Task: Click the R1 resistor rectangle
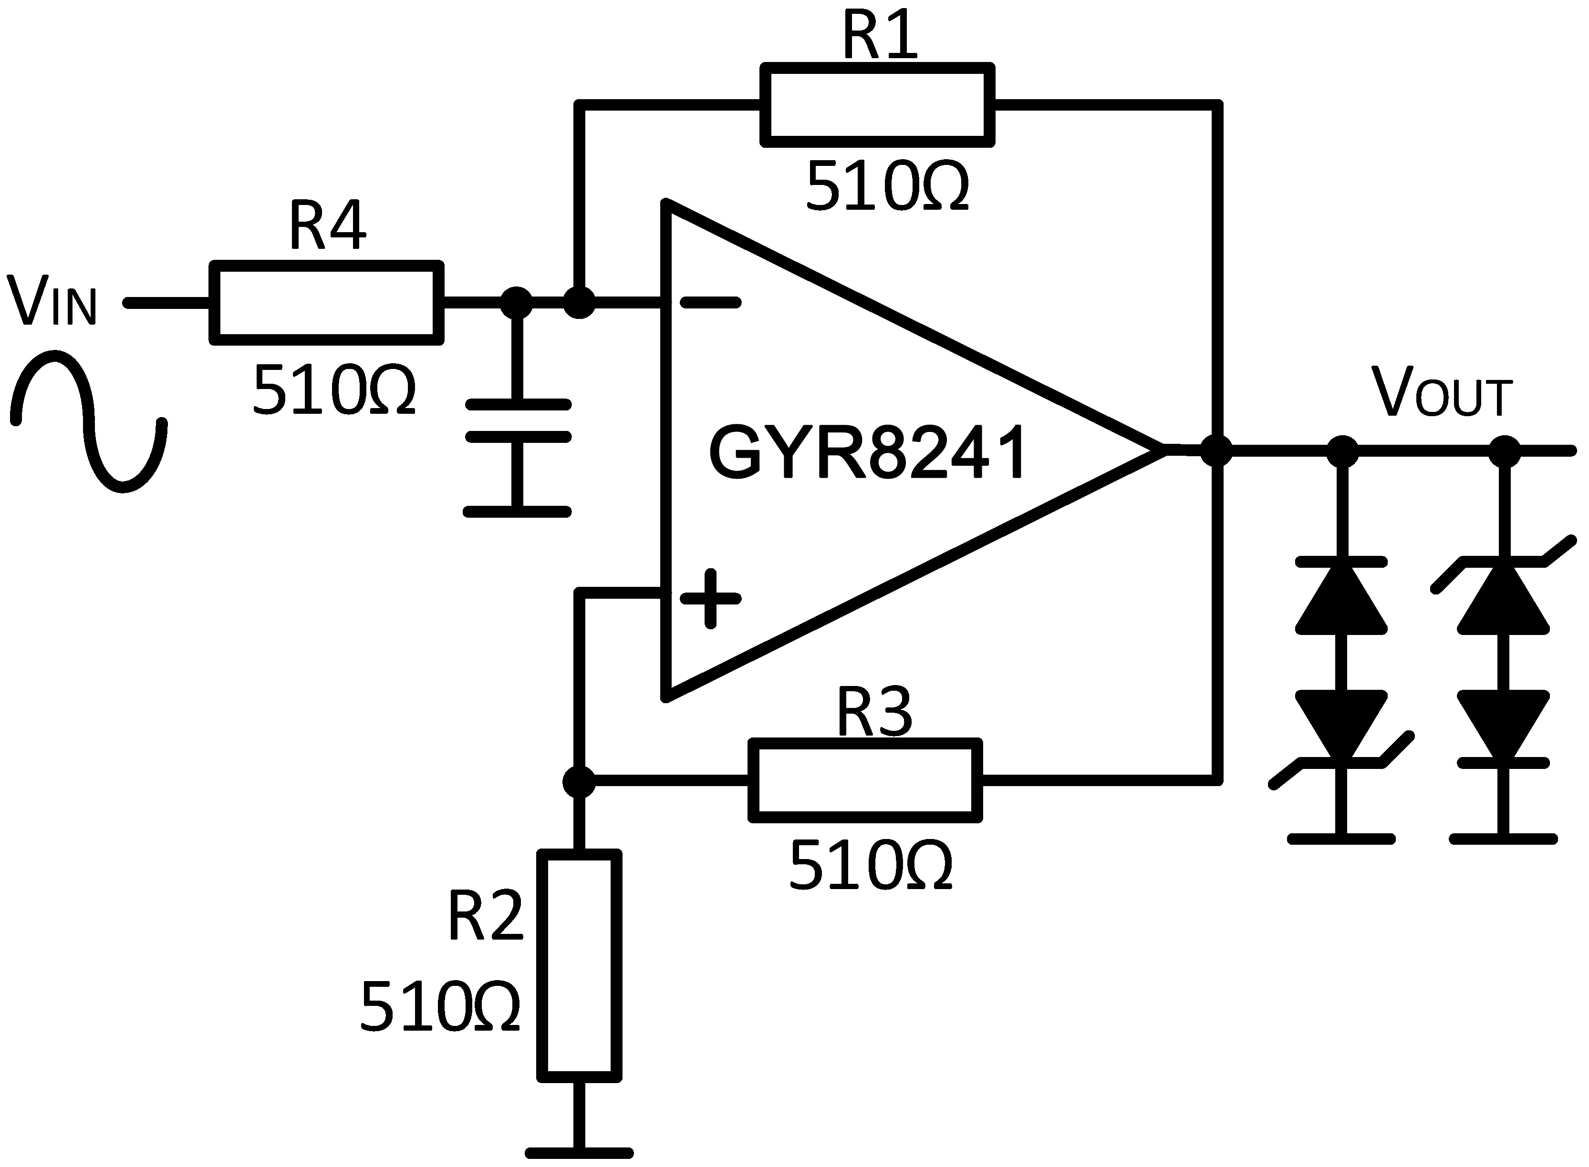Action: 877,105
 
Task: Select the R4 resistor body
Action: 327,303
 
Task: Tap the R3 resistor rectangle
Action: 865,780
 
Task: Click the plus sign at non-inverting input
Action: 710,598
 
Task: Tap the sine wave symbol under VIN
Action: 88,422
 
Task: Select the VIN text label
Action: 51,302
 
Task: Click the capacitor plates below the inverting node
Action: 518,421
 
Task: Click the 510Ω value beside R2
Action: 440,1007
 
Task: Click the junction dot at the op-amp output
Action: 1216,450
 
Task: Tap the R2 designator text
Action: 486,917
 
